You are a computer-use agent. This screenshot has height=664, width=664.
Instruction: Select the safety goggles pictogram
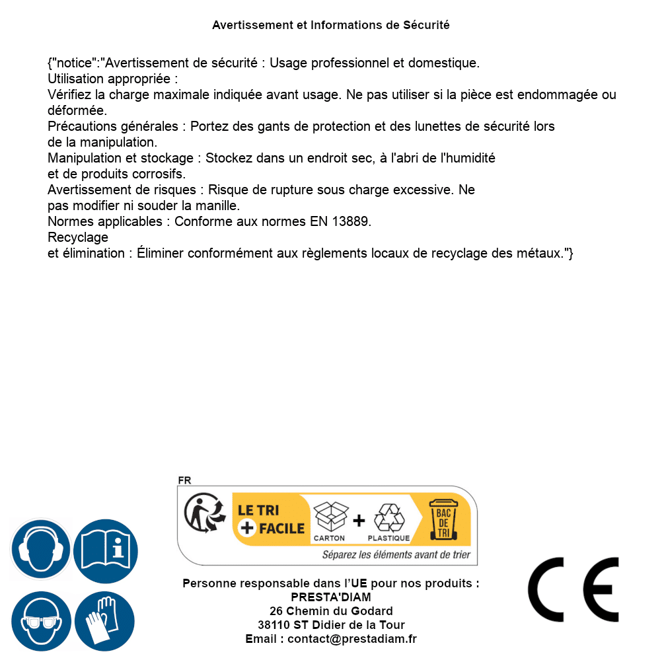click(x=41, y=622)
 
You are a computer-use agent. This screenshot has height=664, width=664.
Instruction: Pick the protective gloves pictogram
click(x=105, y=622)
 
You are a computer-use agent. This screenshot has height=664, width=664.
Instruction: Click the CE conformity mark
click(x=573, y=589)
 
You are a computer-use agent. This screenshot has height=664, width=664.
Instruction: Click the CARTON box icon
click(x=330, y=517)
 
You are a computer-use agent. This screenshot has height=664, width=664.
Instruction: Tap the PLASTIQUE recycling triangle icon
click(x=388, y=517)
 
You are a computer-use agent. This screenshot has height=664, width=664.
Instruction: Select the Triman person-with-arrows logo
click(x=204, y=514)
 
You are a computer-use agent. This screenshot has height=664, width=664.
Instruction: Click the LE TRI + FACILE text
click(x=271, y=519)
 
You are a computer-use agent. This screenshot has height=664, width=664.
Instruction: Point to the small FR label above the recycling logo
click(x=184, y=480)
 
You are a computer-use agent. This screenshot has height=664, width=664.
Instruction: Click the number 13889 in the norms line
click(x=349, y=221)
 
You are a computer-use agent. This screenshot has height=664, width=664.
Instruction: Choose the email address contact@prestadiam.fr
click(x=352, y=639)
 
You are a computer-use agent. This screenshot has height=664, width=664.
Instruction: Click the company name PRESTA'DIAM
click(x=331, y=597)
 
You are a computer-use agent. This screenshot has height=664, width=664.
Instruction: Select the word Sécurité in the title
click(x=426, y=25)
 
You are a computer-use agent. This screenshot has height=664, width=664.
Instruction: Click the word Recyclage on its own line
click(x=78, y=237)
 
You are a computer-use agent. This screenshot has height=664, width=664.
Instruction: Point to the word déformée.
click(x=77, y=110)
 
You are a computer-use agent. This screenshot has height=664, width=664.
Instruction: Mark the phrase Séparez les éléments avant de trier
click(x=396, y=555)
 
